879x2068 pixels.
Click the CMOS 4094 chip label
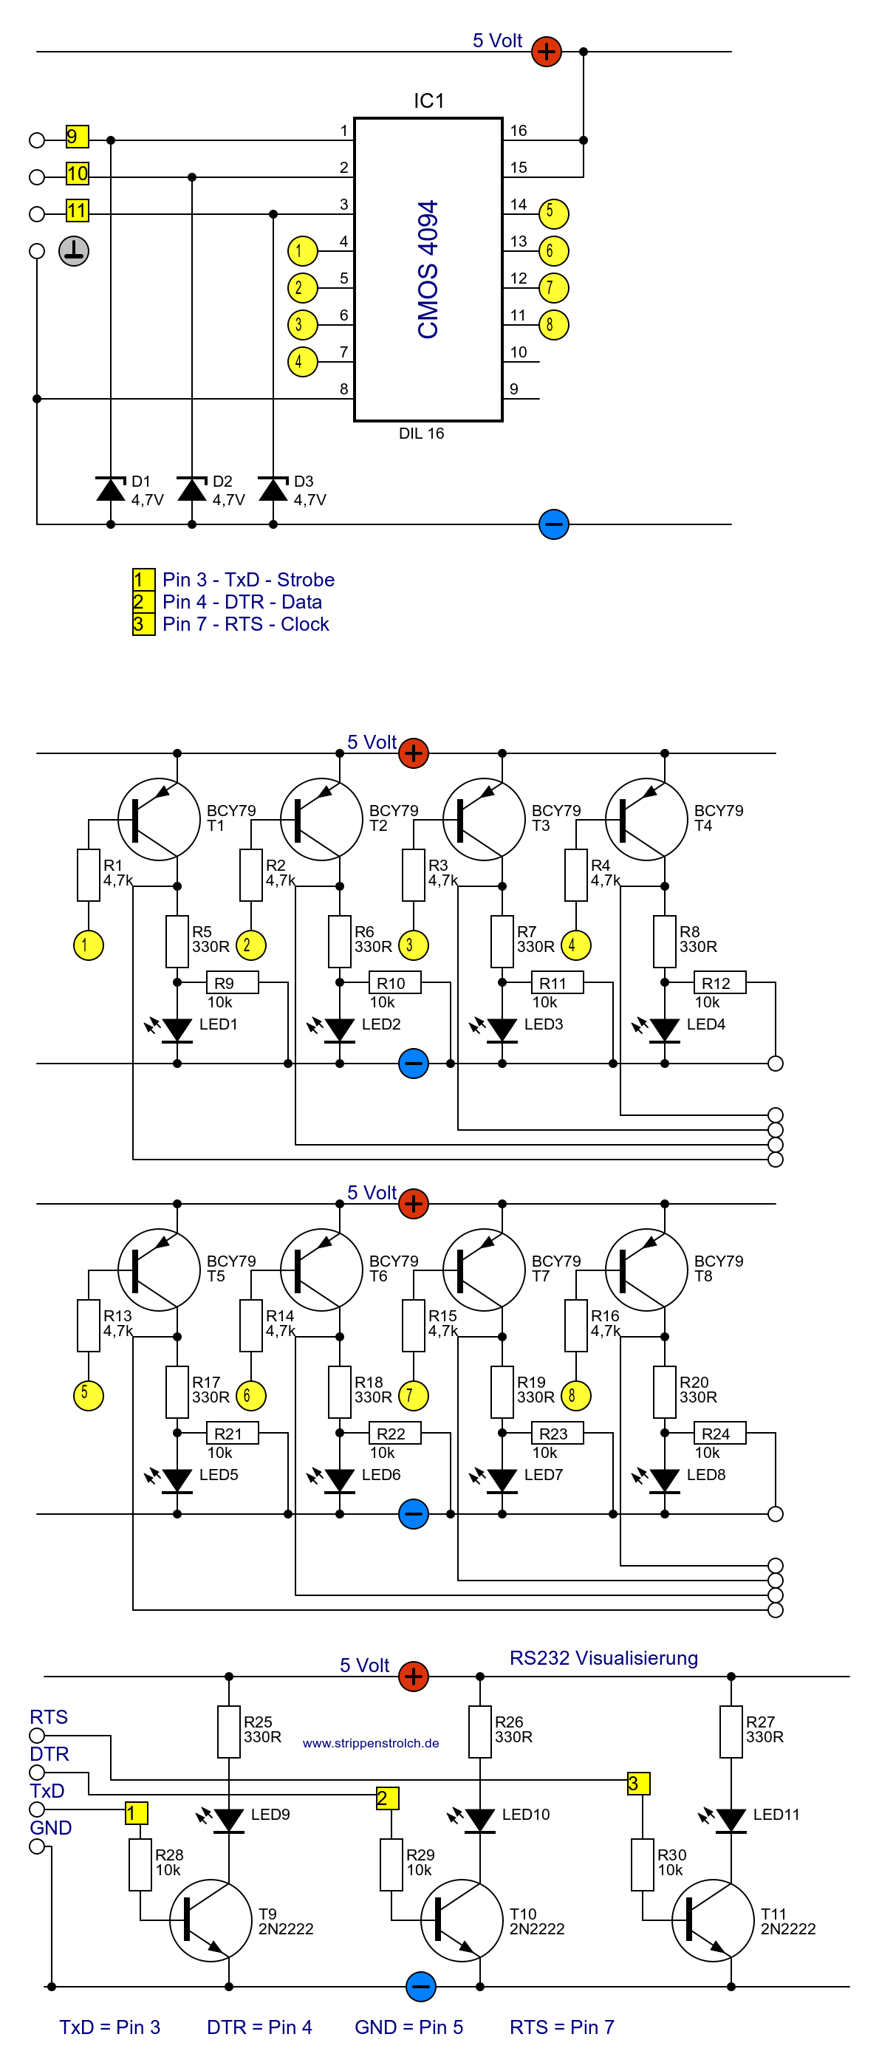[428, 270]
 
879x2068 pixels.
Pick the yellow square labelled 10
[77, 174]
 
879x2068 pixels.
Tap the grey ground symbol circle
[74, 251]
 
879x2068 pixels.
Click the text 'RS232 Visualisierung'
[603, 1658]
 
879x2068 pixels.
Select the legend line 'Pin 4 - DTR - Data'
[242, 602]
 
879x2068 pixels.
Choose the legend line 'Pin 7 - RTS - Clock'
[246, 624]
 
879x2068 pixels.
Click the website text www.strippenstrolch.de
[371, 1743]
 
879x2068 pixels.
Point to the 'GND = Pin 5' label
[408, 2027]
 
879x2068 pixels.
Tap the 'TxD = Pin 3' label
[110, 2027]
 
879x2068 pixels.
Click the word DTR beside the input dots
[49, 1754]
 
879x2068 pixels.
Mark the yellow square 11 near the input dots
[77, 210]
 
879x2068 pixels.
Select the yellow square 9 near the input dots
[77, 137]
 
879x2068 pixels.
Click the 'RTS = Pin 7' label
[562, 2027]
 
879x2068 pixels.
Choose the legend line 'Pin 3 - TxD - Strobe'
[248, 580]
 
